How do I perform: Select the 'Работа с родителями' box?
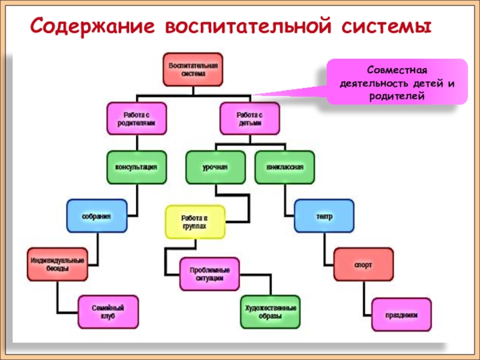point(137,118)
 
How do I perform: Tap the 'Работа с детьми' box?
point(250,118)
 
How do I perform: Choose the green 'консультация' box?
point(136,167)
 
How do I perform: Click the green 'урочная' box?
point(215,167)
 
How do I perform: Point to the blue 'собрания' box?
point(97,215)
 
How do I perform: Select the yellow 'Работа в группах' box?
point(194,222)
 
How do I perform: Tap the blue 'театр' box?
point(324,216)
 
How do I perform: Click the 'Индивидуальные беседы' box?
point(57,265)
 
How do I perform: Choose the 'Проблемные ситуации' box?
point(209,274)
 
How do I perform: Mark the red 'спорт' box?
point(364,265)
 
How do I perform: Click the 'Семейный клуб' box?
point(108,312)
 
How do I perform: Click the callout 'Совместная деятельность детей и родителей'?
point(396,83)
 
